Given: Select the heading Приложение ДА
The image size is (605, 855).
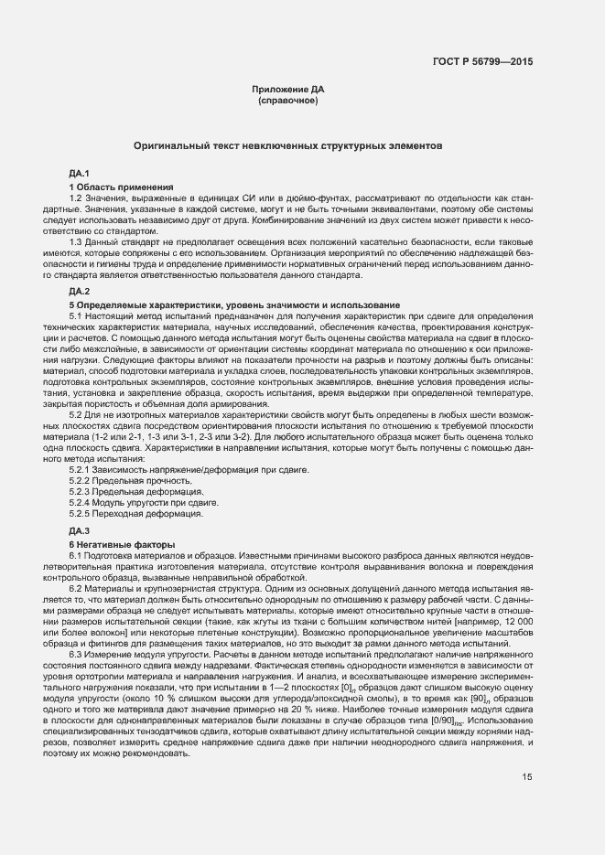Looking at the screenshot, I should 288,89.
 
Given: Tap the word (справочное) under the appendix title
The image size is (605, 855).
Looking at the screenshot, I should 288,100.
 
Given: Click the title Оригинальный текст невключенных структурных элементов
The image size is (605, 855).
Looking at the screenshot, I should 288,145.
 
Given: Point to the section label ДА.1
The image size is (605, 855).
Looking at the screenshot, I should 79,173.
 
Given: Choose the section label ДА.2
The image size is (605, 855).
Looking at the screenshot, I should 79,291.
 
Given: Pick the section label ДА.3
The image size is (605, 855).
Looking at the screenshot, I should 79,530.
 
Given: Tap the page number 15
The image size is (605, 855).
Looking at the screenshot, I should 527,778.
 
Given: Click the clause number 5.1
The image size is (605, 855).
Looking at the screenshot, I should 76,315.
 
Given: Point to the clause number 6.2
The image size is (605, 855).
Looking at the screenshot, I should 76,590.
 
